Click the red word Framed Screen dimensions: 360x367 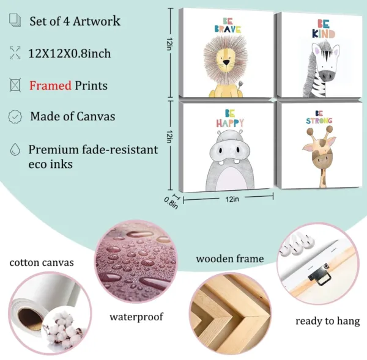click(x=50, y=86)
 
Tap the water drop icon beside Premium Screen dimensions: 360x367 click(x=14, y=150)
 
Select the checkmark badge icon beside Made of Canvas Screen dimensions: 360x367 click(x=14, y=116)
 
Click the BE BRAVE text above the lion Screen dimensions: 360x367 click(x=227, y=28)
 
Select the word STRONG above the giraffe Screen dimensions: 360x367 click(x=319, y=121)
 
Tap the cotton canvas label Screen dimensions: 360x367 click(x=42, y=263)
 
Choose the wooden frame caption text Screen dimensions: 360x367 click(x=230, y=259)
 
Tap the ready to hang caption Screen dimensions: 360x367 click(x=327, y=321)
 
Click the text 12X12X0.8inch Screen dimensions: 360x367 click(x=69, y=53)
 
